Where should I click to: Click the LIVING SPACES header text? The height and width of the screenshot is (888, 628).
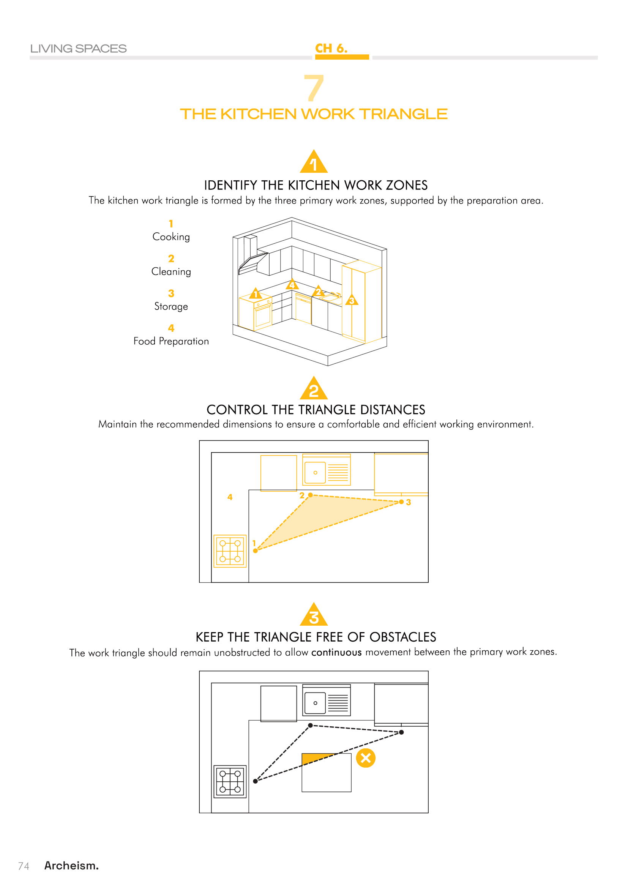coord(79,49)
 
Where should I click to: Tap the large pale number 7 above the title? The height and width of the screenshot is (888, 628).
coord(314,88)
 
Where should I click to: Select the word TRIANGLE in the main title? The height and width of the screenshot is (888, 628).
coord(403,114)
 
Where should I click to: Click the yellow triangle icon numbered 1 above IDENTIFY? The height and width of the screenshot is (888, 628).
coord(314,162)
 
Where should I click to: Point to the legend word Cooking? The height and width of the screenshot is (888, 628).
coord(171,237)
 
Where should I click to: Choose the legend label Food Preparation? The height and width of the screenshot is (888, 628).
coord(171,341)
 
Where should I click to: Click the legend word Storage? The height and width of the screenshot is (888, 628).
coord(171,306)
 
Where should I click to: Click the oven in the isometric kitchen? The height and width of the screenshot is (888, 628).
coord(263,315)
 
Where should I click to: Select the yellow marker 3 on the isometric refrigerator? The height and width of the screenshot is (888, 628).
coord(352,300)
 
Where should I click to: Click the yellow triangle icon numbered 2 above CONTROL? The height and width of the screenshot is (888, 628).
coord(314,389)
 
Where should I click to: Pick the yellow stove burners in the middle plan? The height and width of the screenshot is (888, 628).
coord(230,551)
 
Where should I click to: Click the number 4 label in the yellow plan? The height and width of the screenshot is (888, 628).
coord(230,497)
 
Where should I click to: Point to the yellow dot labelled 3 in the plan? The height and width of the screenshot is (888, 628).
coord(401,502)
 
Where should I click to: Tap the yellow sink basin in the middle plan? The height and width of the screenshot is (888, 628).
coord(315,473)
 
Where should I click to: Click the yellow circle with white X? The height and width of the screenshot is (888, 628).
coord(366,758)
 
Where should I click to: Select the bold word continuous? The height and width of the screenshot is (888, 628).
coord(336,653)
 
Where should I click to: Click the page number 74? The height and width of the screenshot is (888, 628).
coord(24,866)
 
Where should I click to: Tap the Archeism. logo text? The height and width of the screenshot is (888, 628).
coord(71,866)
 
